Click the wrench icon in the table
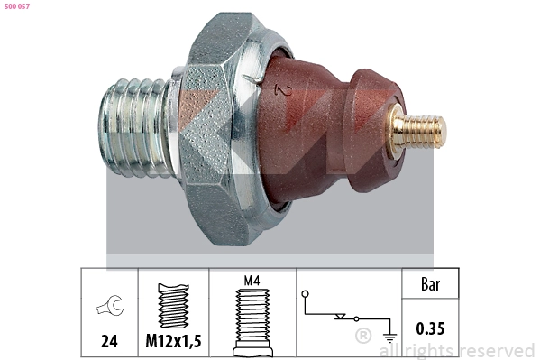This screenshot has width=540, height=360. [109, 309]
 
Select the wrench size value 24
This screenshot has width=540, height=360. [109, 342]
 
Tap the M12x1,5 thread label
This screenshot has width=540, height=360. [174, 342]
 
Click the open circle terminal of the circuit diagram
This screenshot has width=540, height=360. [307, 293]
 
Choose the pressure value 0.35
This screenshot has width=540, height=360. [430, 329]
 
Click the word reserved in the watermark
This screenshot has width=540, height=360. [497, 350]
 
